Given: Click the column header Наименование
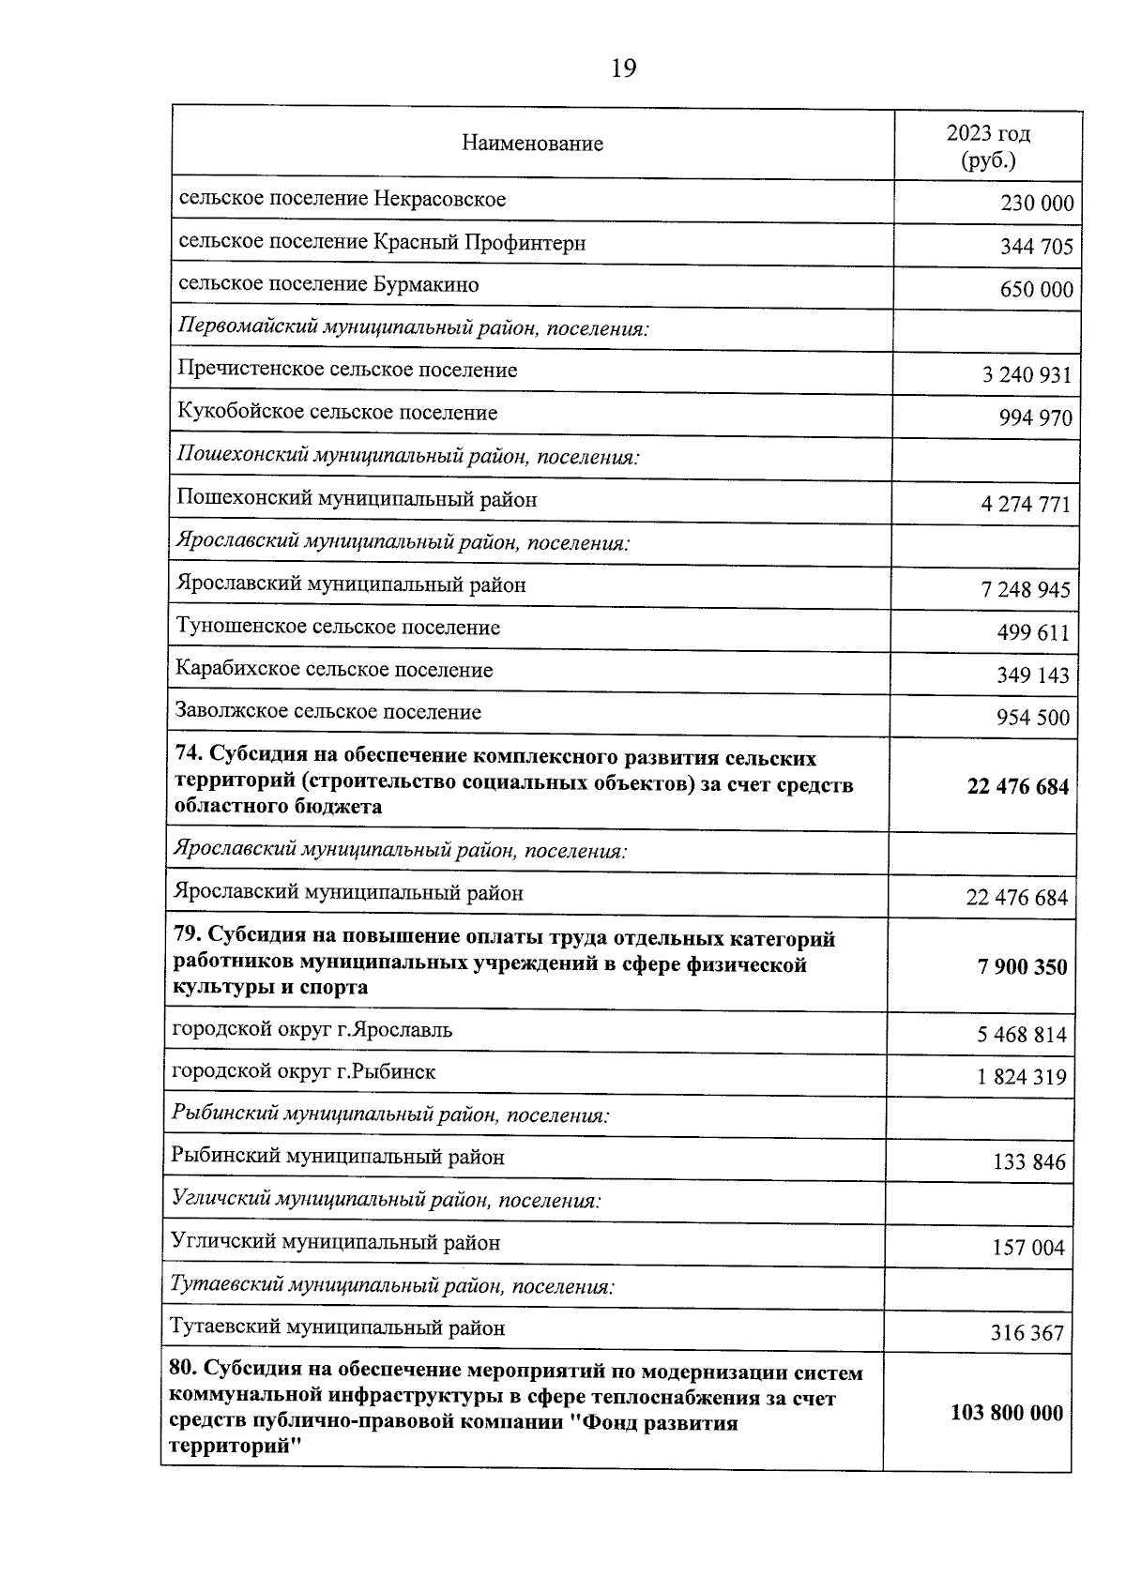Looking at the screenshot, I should pos(532,144).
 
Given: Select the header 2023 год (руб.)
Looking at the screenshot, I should pos(987,146).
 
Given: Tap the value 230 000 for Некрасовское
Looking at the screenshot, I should pos(1036,204).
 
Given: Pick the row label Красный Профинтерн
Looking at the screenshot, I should pos(382,243).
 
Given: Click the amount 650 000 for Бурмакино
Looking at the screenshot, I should pos(1036,289).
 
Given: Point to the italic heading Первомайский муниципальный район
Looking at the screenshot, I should pos(413,329).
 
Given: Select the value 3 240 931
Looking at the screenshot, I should pos(1026,375).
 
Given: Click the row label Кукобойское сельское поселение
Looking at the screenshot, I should pos(337,413).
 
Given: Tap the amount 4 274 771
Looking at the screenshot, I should pos(1025,505).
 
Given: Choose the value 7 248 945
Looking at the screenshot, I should pos(1025,590).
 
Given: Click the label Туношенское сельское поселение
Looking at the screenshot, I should pos(338,628).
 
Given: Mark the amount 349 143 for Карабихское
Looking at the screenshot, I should pos(1032,675).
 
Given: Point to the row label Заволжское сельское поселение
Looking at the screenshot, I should pos(328,712).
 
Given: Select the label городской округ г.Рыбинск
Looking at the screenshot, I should pos(303,1071).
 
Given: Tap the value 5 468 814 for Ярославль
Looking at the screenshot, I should pos(1021,1035).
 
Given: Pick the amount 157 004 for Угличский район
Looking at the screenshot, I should pos(1028,1248).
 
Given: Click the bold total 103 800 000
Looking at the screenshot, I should pos(1007,1413).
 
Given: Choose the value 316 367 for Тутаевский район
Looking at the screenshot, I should pos(1027,1333).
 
